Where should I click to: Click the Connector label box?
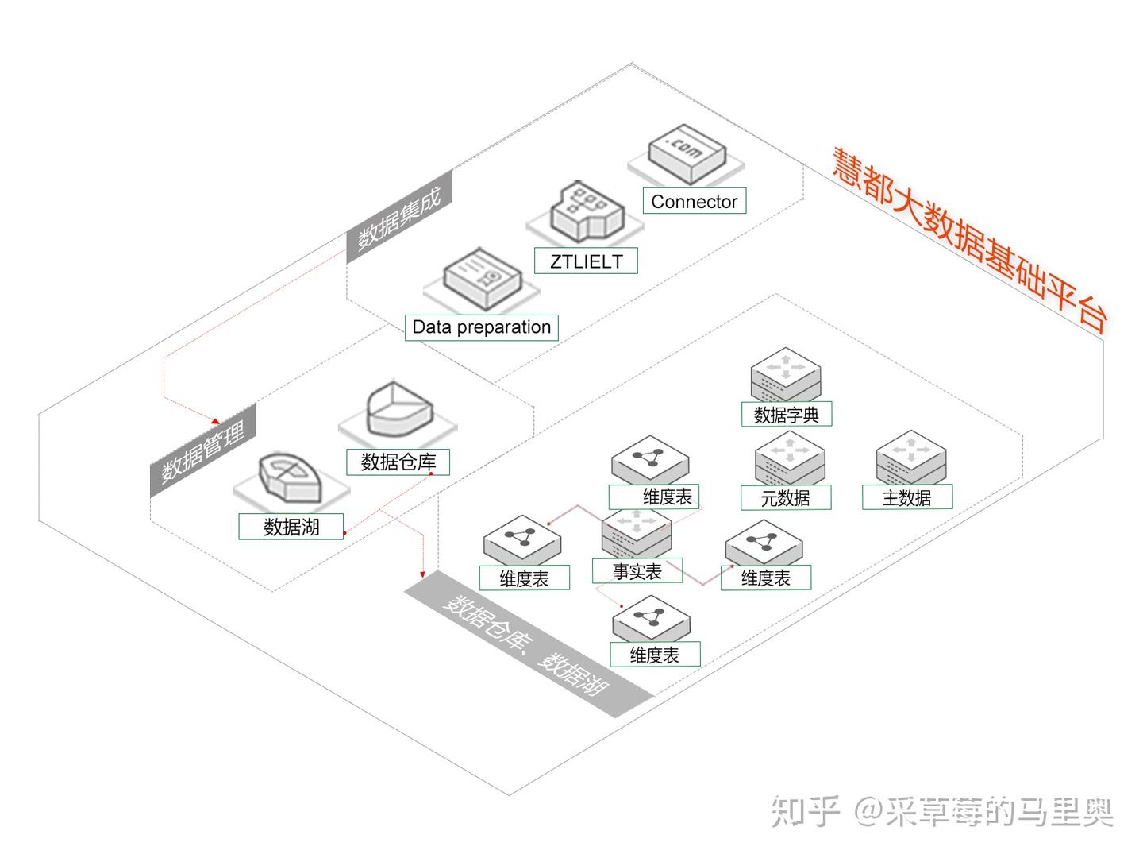click(x=694, y=202)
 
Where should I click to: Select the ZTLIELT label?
click(x=586, y=261)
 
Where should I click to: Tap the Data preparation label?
click(x=481, y=327)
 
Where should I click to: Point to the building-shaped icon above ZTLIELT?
click(x=587, y=211)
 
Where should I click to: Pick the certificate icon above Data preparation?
click(x=482, y=279)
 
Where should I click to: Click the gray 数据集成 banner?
click(x=399, y=216)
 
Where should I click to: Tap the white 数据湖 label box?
click(x=291, y=527)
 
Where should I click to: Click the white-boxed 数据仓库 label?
click(x=398, y=462)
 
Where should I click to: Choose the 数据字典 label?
click(x=786, y=415)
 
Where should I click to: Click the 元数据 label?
click(x=785, y=498)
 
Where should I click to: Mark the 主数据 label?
click(x=906, y=498)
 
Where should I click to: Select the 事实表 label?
click(x=637, y=571)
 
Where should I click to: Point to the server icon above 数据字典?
click(x=786, y=373)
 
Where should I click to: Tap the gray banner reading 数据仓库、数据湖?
click(x=528, y=644)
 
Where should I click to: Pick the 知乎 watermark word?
click(x=806, y=812)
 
